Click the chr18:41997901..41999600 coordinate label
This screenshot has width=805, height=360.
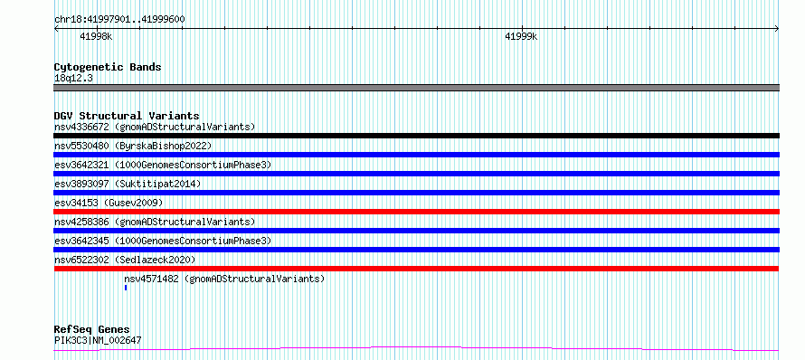click(119, 19)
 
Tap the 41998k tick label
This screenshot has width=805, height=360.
click(96, 36)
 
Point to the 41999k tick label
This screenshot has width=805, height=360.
click(521, 36)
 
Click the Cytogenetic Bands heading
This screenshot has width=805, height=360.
click(108, 67)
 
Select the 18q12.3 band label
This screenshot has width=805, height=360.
click(73, 79)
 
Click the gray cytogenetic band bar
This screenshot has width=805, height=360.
click(416, 88)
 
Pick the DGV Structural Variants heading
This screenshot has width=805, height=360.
click(127, 116)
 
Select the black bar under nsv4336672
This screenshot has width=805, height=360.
click(416, 136)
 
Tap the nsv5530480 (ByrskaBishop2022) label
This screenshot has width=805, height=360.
click(133, 146)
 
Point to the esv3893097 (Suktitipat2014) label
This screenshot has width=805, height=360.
click(128, 184)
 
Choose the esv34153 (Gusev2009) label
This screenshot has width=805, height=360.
click(109, 203)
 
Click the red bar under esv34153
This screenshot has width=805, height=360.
click(416, 212)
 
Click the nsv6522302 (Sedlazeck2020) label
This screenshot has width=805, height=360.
click(125, 260)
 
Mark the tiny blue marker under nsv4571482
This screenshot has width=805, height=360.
click(125, 288)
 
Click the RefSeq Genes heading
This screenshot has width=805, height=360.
click(92, 329)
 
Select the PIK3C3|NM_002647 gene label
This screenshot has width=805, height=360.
click(98, 340)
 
